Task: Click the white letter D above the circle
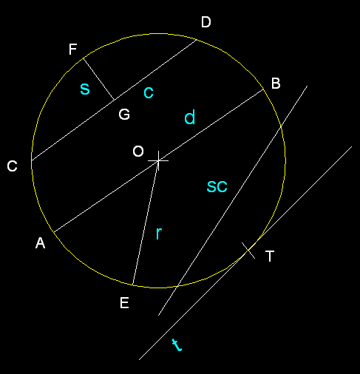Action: coord(206,22)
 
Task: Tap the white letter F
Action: coord(72,49)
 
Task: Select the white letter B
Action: coord(276,84)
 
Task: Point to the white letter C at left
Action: coord(12,166)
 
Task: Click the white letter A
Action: coord(40,243)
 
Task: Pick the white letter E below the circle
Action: coord(124,303)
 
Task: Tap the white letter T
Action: coord(270,256)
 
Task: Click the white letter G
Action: coord(124,115)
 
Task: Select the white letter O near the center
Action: coord(138,151)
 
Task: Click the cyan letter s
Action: coord(85,89)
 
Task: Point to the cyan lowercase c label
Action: coord(149,92)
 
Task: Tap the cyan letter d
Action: coord(190,117)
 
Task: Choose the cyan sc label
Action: coord(217,187)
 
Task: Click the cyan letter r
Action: coord(159,233)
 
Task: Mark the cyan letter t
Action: coord(177,344)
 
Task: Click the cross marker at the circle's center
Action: coord(158,160)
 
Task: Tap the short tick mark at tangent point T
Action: coord(248,251)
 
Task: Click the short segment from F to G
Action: coord(98,79)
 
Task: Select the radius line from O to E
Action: coord(146,222)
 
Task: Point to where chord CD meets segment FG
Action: coord(114,100)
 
